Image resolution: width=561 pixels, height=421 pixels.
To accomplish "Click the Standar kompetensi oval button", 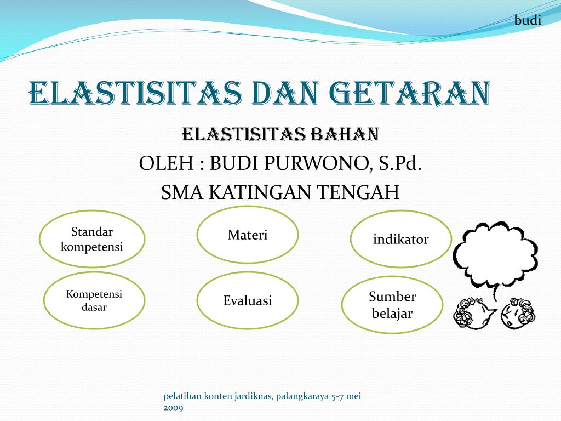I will [92, 239].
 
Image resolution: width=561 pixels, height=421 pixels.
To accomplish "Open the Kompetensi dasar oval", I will [94, 300].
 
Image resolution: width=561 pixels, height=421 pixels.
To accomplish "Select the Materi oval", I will [248, 235].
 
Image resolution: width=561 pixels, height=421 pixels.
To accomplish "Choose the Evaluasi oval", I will [248, 300].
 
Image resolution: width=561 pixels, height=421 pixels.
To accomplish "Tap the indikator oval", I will [401, 239].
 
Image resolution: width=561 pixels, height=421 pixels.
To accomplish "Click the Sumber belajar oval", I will [392, 305].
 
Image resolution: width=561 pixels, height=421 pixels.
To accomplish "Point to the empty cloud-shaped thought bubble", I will [494, 254].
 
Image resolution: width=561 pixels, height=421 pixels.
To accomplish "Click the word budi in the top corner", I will [528, 20].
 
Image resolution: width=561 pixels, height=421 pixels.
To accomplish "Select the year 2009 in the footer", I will [174, 407].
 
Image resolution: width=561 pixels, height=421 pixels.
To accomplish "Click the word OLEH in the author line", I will [159, 163].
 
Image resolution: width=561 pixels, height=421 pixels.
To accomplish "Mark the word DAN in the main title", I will [284, 93].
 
